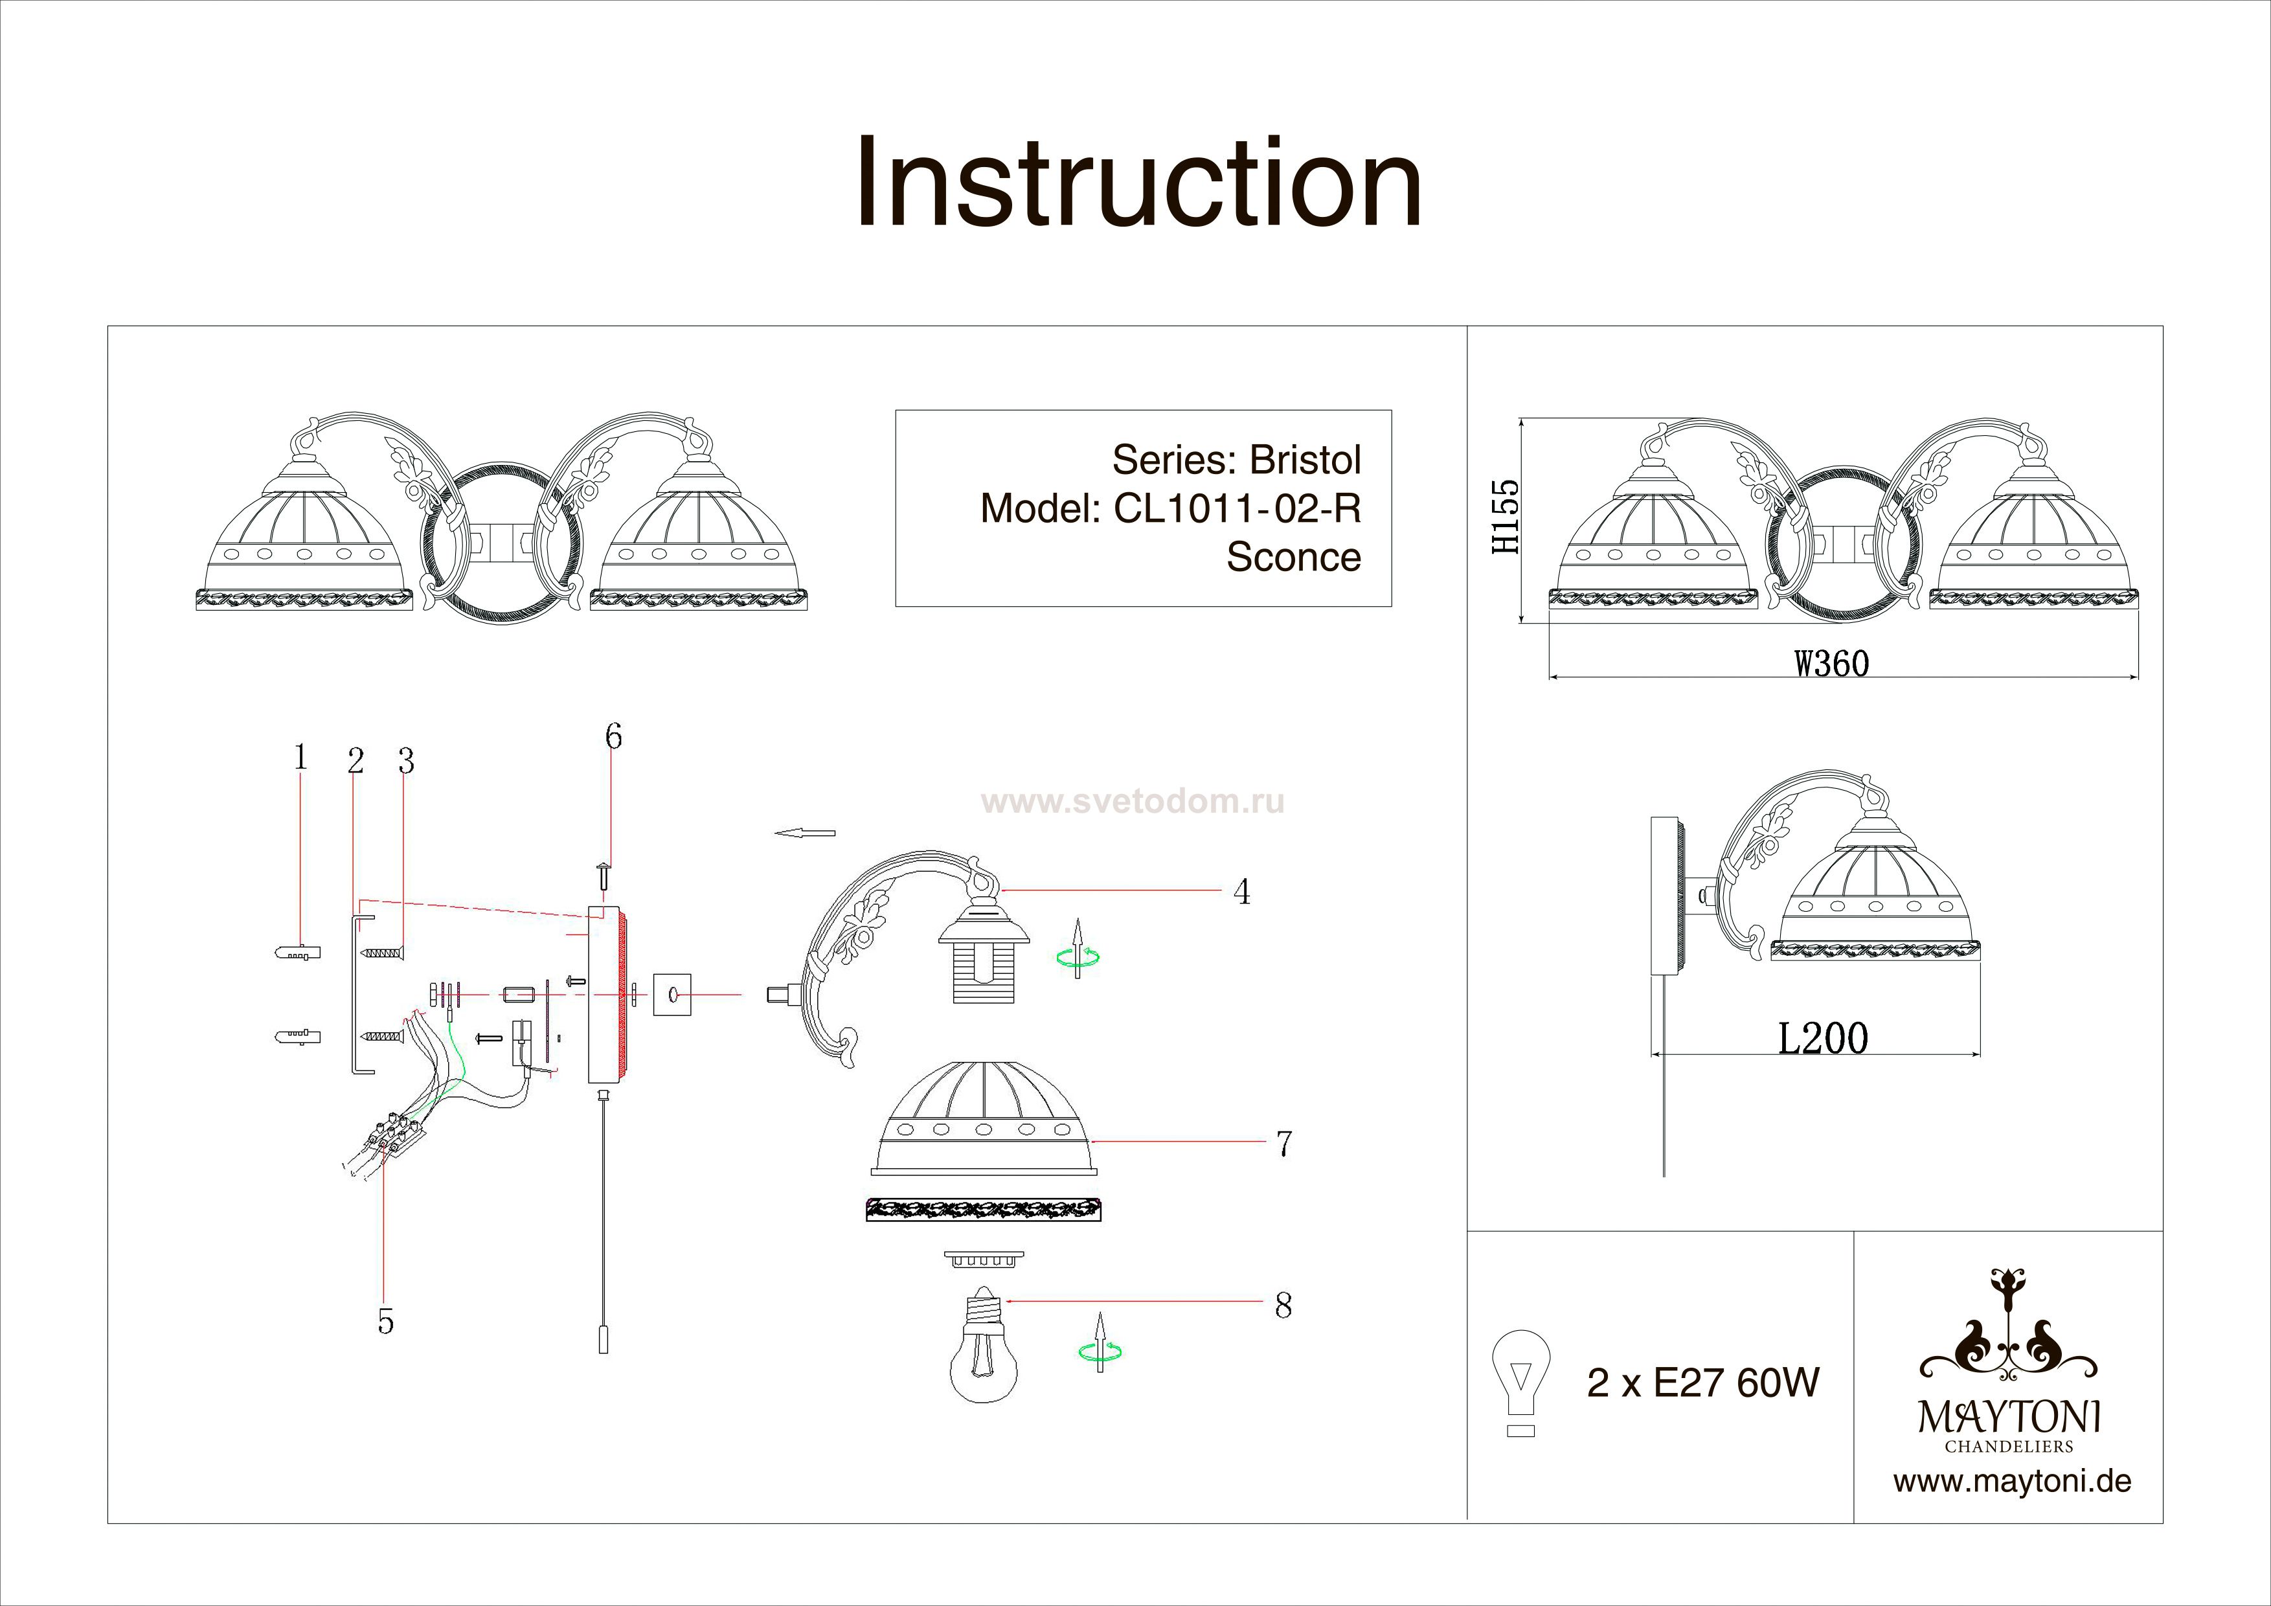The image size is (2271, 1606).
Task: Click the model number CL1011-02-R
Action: point(1237,508)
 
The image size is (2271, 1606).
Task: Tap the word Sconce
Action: point(1294,557)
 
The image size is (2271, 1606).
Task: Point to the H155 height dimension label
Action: point(1506,516)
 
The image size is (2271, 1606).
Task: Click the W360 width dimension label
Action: point(1832,662)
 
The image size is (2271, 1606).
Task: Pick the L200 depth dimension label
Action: point(1823,1038)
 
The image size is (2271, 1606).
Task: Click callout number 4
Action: point(1241,892)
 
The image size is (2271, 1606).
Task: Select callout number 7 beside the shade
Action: point(1283,1143)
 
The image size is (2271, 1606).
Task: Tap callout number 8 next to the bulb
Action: point(1283,1306)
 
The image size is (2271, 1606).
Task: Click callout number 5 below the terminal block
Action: point(386,1321)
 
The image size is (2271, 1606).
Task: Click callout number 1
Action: point(300,758)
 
